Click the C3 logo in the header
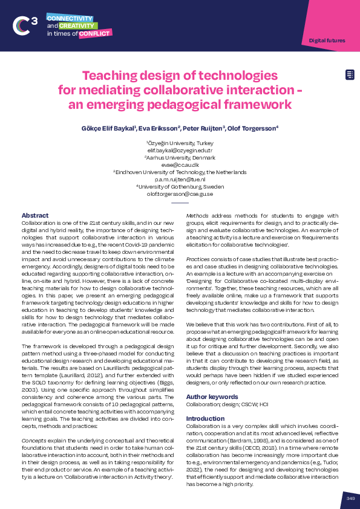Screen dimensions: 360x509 pyautogui.click(x=25, y=25)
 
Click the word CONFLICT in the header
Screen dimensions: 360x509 pyautogui.click(x=94, y=34)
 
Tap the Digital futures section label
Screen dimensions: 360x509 pyautogui.click(x=327, y=41)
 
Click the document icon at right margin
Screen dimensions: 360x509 pyautogui.click(x=350, y=75)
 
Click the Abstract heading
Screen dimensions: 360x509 pyautogui.click(x=35, y=215)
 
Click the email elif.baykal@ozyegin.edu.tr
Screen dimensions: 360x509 pyautogui.click(x=180, y=149)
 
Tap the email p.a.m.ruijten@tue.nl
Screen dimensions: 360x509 pyautogui.click(x=180, y=180)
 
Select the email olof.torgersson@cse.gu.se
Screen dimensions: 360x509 pyautogui.click(x=180, y=194)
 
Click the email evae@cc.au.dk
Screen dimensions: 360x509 pyautogui.click(x=180, y=164)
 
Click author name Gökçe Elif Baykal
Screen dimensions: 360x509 pyautogui.click(x=108, y=128)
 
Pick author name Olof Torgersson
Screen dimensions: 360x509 pyautogui.click(x=253, y=128)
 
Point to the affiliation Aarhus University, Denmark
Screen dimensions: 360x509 pyautogui.click(x=180, y=157)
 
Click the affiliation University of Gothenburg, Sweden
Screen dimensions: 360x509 pyautogui.click(x=180, y=187)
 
